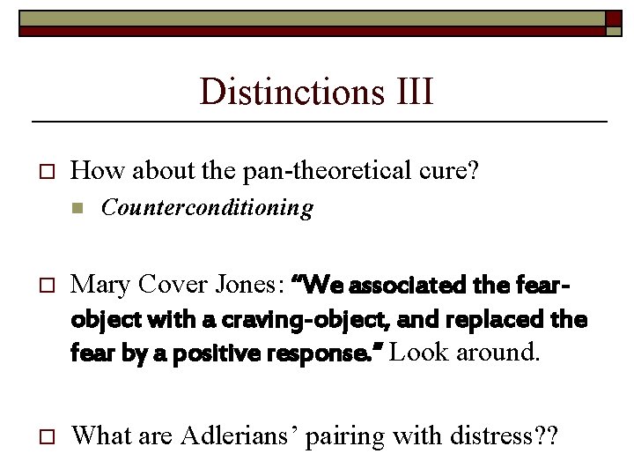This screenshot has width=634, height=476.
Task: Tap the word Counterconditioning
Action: click(x=207, y=208)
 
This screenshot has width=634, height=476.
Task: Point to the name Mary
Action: click(x=99, y=285)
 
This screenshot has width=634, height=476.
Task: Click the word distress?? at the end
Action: click(x=518, y=435)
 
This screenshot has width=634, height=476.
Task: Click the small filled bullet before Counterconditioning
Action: click(x=77, y=209)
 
